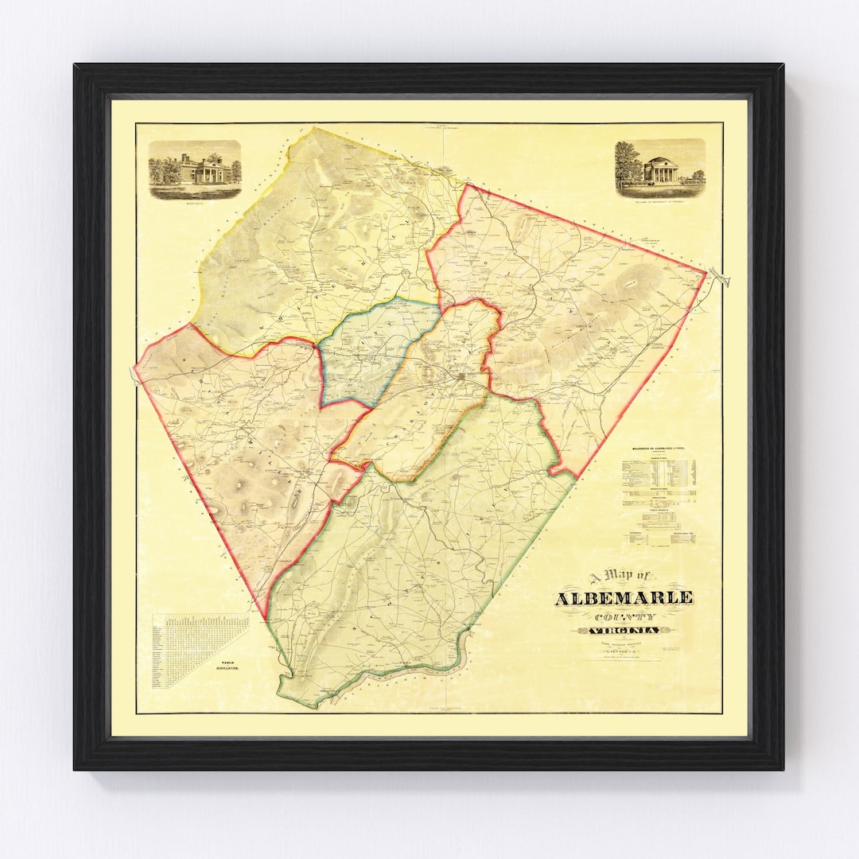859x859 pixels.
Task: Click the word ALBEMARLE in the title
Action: point(624,598)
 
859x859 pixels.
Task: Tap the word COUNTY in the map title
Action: point(624,616)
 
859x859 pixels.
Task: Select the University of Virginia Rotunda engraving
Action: point(659,167)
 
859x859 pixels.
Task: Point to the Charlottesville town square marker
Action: point(464,375)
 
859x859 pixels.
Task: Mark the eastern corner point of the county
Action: point(705,272)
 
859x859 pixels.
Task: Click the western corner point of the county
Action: point(135,368)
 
